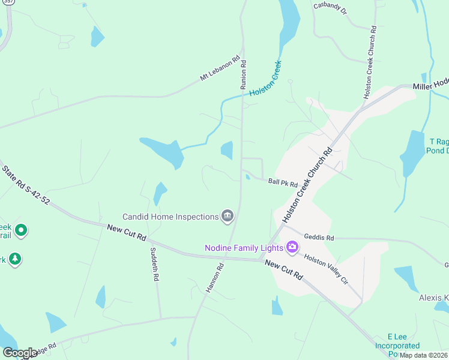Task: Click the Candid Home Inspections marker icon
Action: pos(227,216)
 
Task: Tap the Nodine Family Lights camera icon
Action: pos(292,247)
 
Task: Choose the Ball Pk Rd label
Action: pos(283,182)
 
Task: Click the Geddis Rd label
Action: pos(318,237)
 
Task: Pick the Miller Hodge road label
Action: pos(430,86)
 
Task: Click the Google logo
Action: pos(19,353)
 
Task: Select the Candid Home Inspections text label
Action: pos(170,217)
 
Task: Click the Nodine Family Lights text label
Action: pos(245,247)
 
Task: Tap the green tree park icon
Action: pos(14,259)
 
